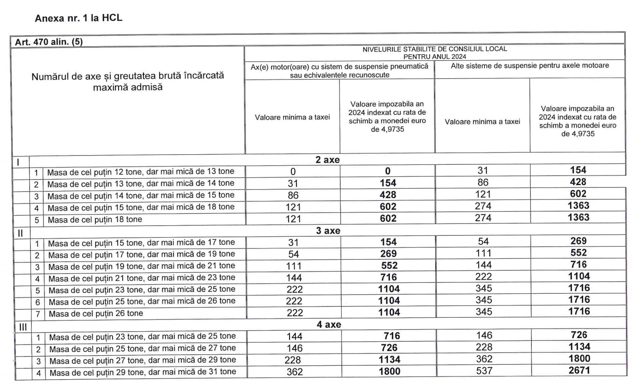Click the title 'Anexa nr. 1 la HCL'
coord(78,19)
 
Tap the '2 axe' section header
coord(328,160)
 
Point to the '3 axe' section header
coord(328,231)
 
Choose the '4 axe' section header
coord(328,324)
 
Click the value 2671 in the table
coord(579,371)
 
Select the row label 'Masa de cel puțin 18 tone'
coord(95,219)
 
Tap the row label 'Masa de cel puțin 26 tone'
coord(96,313)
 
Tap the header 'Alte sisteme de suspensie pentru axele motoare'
coord(530,66)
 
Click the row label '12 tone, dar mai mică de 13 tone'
coord(141,172)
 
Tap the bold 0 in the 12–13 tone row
coord(388,171)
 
